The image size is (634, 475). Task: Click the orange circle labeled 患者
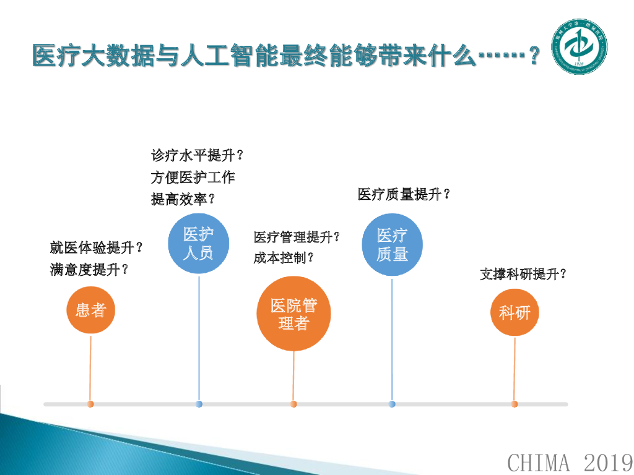point(91,310)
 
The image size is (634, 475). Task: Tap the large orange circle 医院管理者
point(293,314)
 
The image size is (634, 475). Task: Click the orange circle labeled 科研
point(515,312)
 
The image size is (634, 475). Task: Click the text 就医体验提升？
point(97,248)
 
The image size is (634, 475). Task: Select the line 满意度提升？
point(90,270)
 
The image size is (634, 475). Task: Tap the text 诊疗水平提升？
point(197,155)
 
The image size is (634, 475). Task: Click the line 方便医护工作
point(193,178)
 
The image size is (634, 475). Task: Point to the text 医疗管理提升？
point(297,237)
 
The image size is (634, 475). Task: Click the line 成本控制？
point(284,258)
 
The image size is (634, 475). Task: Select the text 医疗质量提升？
point(404,194)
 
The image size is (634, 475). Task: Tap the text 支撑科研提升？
point(524,274)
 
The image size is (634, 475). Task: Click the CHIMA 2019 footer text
point(570,461)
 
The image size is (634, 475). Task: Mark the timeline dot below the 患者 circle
point(90,404)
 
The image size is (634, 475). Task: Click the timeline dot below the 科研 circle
point(514,404)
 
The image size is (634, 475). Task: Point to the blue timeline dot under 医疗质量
point(392,404)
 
